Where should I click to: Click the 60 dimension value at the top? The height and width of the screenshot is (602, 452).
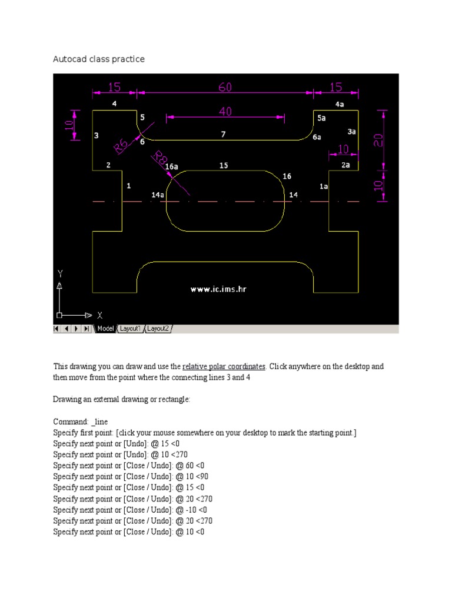point(225,88)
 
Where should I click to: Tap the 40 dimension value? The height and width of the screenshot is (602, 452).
point(225,112)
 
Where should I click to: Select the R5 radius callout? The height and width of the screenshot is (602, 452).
point(121,146)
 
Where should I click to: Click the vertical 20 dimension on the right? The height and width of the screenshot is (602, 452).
point(379,139)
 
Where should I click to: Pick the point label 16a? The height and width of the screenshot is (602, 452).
point(171,167)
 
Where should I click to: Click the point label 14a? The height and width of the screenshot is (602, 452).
point(158,194)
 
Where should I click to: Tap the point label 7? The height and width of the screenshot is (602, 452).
point(223,135)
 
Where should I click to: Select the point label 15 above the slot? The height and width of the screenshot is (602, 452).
point(224,166)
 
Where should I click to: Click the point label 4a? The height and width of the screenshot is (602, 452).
point(340,104)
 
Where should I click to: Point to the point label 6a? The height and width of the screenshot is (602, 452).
point(317,137)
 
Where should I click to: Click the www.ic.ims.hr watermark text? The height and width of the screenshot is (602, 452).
point(217,289)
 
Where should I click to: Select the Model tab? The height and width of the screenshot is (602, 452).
point(105,329)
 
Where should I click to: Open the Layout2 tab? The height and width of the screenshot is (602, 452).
point(158,329)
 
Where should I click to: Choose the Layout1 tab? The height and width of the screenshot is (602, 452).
point(131,329)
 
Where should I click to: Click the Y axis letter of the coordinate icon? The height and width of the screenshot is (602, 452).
point(59,273)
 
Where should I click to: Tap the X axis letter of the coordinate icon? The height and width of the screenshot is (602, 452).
point(99,315)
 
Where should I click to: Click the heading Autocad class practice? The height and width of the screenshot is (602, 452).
point(99,59)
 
